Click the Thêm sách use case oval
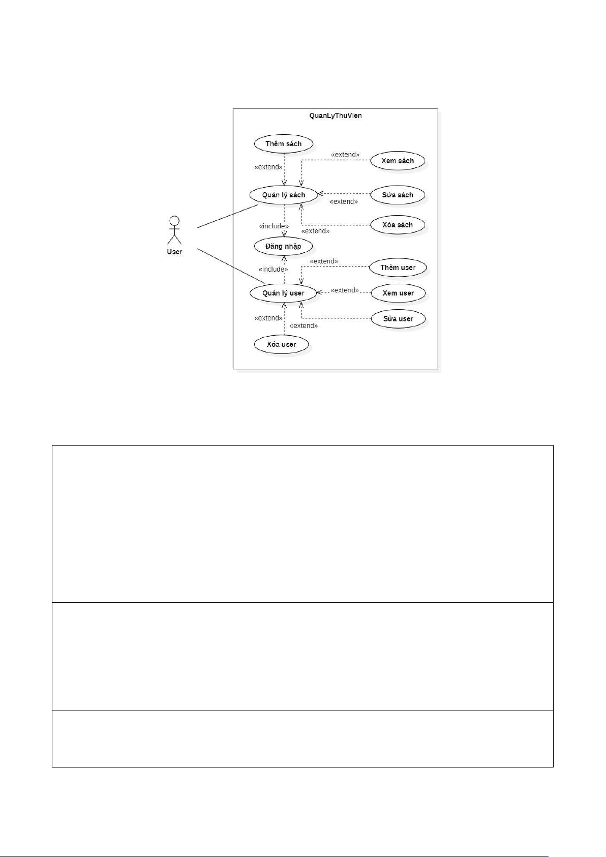[283, 144]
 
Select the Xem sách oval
[398, 161]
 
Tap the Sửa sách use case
[398, 195]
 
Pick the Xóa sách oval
[398, 225]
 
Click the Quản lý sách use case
[284, 195]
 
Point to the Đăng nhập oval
[283, 246]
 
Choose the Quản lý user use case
[283, 293]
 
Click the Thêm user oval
[398, 268]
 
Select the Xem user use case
[398, 293]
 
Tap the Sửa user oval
[398, 319]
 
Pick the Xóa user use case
[282, 344]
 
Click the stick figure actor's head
[174, 221]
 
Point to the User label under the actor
[174, 252]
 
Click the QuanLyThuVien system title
[336, 115]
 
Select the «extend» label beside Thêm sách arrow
[268, 167]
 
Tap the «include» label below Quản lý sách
[274, 226]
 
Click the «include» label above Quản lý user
[273, 269]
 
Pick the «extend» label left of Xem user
[345, 290]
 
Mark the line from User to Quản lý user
[230, 266]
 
